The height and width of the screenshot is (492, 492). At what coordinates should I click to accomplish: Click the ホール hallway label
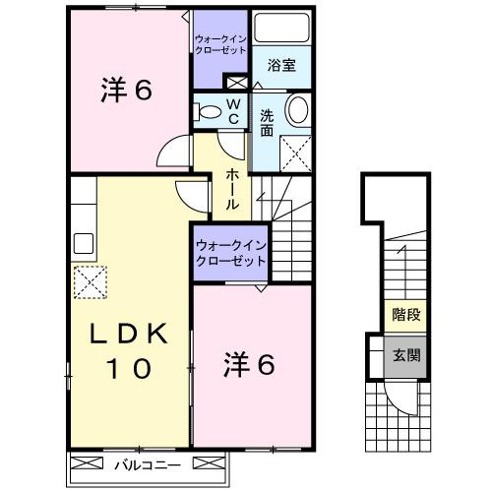point(232,189)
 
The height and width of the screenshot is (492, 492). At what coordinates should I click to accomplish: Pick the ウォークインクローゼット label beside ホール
point(230,254)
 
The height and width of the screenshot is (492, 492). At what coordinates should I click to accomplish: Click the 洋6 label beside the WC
point(125,92)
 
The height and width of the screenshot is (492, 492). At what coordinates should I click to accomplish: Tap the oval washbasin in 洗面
point(298,110)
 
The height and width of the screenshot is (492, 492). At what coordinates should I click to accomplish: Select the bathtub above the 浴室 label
point(281,30)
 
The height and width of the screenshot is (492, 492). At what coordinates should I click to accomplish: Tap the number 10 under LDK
point(126,370)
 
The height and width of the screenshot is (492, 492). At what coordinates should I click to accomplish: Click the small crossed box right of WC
point(235,83)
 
